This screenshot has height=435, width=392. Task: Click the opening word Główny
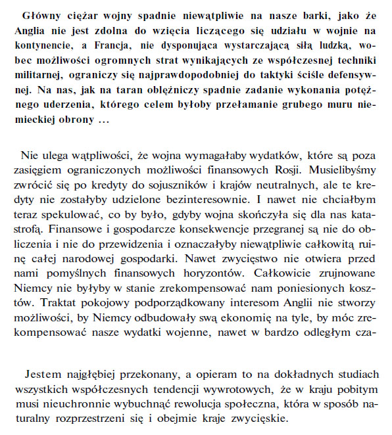41,15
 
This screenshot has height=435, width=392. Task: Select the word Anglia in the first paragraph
29,30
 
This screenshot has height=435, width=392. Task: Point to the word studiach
359,374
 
